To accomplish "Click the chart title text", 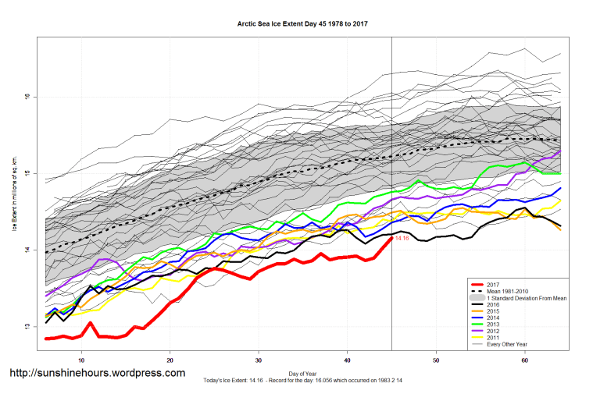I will point(302,24).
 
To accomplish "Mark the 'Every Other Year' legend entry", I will point(507,345).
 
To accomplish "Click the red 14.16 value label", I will point(403,238).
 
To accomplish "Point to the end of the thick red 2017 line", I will point(391,238).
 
